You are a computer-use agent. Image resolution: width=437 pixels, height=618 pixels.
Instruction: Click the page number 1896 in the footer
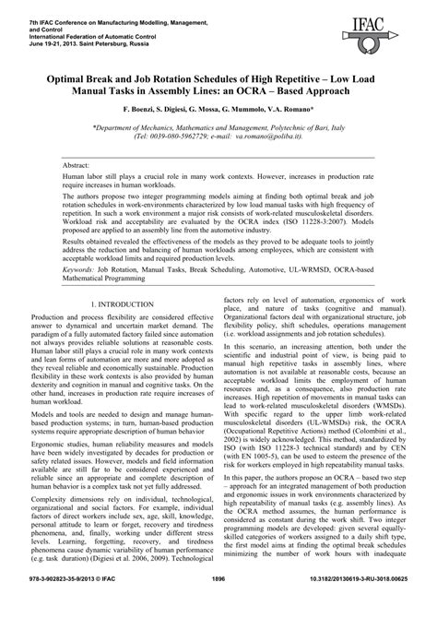(218, 603)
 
